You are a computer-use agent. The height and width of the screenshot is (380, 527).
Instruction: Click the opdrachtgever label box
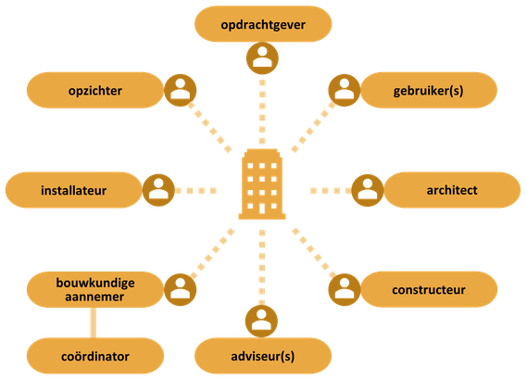263,24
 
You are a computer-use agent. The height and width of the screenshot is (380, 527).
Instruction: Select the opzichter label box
95,90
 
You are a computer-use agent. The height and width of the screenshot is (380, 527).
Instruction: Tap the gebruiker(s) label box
429,90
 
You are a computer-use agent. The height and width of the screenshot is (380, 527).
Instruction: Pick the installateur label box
73,190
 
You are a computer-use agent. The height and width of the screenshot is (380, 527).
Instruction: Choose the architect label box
452,190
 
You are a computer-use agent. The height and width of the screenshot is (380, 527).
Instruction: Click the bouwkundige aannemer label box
95,289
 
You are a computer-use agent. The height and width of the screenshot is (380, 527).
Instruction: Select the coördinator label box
95,356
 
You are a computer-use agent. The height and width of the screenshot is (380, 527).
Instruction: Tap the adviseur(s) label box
263,356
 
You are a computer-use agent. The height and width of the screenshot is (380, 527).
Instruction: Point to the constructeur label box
429,289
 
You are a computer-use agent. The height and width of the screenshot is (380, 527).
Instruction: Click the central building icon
262,184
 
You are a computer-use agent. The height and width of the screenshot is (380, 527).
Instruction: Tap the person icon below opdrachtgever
262,58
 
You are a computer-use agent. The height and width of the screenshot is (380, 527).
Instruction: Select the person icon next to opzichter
181,90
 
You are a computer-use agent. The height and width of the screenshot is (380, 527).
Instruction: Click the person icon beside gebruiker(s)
345,90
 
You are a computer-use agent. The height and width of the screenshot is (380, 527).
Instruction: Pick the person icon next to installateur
158,190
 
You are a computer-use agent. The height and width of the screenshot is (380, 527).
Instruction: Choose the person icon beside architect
368,190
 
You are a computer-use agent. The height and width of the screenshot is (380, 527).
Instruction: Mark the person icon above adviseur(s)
261,322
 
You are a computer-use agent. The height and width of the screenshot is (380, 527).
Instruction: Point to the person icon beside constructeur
345,289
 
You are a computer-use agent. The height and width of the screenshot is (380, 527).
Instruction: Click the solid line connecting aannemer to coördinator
94,323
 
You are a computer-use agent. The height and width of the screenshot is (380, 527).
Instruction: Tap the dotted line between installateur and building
195,191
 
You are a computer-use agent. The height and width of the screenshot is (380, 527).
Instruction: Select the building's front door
262,209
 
